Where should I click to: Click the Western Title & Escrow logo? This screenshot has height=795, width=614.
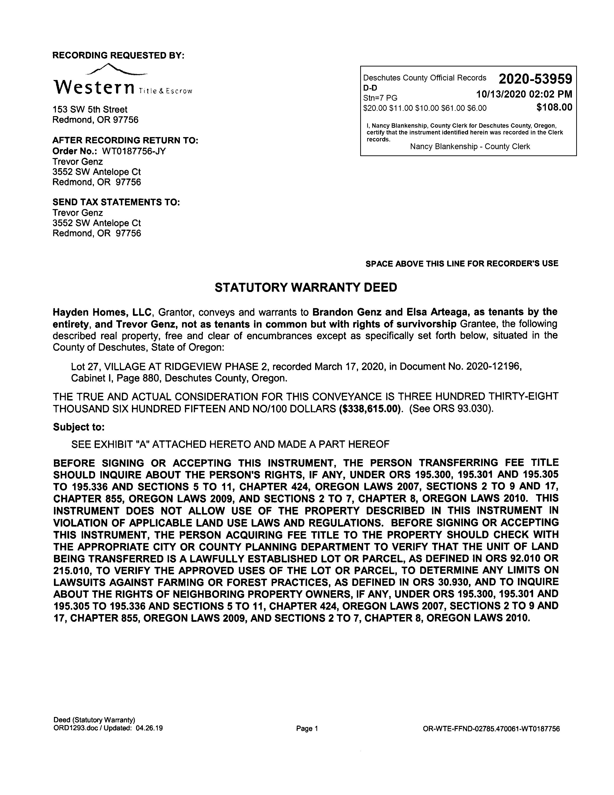click(x=122, y=82)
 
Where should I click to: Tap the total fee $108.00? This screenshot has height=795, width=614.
click(x=554, y=107)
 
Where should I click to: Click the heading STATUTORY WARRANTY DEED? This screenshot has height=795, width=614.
click(x=306, y=288)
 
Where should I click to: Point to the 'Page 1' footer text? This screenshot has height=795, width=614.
click(x=307, y=728)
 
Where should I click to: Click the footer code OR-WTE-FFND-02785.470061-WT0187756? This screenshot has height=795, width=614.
click(x=491, y=728)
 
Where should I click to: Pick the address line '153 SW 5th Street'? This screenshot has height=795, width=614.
click(x=90, y=110)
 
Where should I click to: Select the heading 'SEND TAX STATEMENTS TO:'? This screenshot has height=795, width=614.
click(x=116, y=202)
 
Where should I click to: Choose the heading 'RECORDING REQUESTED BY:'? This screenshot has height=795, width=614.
click(x=118, y=55)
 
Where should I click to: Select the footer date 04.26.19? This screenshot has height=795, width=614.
click(x=149, y=728)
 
